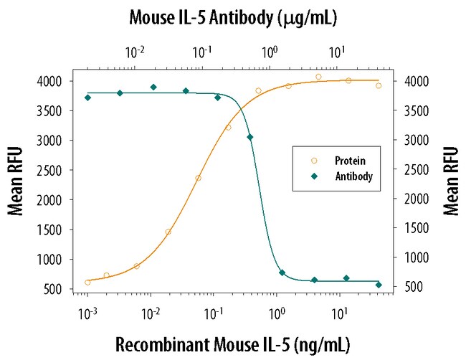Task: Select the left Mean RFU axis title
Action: [x=15, y=181]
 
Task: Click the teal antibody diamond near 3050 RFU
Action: [x=249, y=137]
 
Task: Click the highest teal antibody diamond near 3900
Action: [x=153, y=87]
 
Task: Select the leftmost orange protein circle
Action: [x=87, y=282]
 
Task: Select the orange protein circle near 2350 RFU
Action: [x=198, y=178]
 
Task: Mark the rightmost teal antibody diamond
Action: [x=379, y=285]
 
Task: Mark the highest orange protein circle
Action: [x=318, y=77]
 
